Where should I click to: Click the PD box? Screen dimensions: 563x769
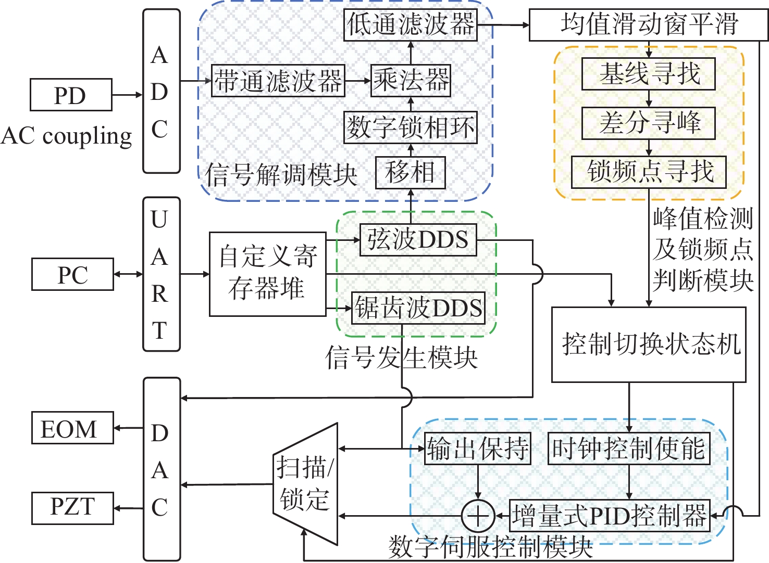(71, 95)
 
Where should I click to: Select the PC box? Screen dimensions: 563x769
(72, 274)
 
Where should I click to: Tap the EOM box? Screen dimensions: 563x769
(72, 428)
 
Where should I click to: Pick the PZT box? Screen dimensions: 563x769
(72, 508)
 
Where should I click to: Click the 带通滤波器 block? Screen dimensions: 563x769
(278, 81)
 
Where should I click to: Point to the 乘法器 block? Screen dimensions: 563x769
(411, 81)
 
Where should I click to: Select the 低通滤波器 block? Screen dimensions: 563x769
(411, 24)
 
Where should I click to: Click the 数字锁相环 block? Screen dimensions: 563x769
(411, 127)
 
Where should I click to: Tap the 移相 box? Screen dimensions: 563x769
(411, 173)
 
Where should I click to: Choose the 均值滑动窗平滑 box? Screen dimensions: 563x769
(648, 24)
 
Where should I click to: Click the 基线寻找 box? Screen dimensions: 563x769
(648, 74)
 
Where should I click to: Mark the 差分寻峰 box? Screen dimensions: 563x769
(648, 123)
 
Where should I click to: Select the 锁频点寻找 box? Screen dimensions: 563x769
(649, 172)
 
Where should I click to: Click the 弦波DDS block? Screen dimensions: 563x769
(418, 240)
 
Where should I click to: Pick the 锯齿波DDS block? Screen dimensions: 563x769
(418, 308)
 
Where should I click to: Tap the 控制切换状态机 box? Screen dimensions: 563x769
(649, 344)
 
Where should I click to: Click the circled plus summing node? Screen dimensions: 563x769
(478, 516)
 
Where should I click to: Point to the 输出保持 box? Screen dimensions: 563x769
(478, 449)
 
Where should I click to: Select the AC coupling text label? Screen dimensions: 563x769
(67, 136)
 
